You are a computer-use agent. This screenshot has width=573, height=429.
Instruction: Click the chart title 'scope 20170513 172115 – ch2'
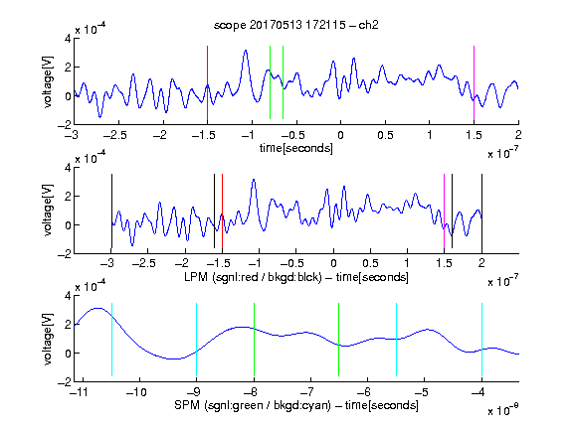295,25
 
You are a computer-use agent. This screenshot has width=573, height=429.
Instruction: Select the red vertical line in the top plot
207,83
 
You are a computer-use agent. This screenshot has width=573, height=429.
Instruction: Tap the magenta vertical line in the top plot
474,83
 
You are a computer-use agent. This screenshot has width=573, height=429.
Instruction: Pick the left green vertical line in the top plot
270,82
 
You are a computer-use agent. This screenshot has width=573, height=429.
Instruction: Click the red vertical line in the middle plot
222,212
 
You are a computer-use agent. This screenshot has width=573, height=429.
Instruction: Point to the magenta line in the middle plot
444,212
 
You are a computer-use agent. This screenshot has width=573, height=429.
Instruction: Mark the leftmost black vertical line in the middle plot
111,212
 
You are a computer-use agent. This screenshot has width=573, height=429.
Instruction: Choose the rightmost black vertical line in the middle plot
481,212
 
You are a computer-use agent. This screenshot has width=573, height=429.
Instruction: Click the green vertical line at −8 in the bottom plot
254,340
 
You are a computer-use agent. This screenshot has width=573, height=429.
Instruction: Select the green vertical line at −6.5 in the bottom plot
339,340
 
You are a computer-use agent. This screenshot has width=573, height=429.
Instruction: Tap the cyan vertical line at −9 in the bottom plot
196,340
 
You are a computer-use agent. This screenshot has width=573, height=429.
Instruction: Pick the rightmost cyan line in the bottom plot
481,340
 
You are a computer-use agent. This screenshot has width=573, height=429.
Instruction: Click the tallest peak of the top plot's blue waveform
246,51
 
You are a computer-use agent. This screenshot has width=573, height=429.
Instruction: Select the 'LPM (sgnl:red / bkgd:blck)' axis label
253,277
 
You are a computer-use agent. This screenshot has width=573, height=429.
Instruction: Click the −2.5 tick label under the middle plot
144,263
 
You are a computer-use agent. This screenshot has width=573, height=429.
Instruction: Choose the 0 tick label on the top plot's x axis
340,135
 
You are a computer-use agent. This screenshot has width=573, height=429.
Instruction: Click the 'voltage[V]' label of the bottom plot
48,339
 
